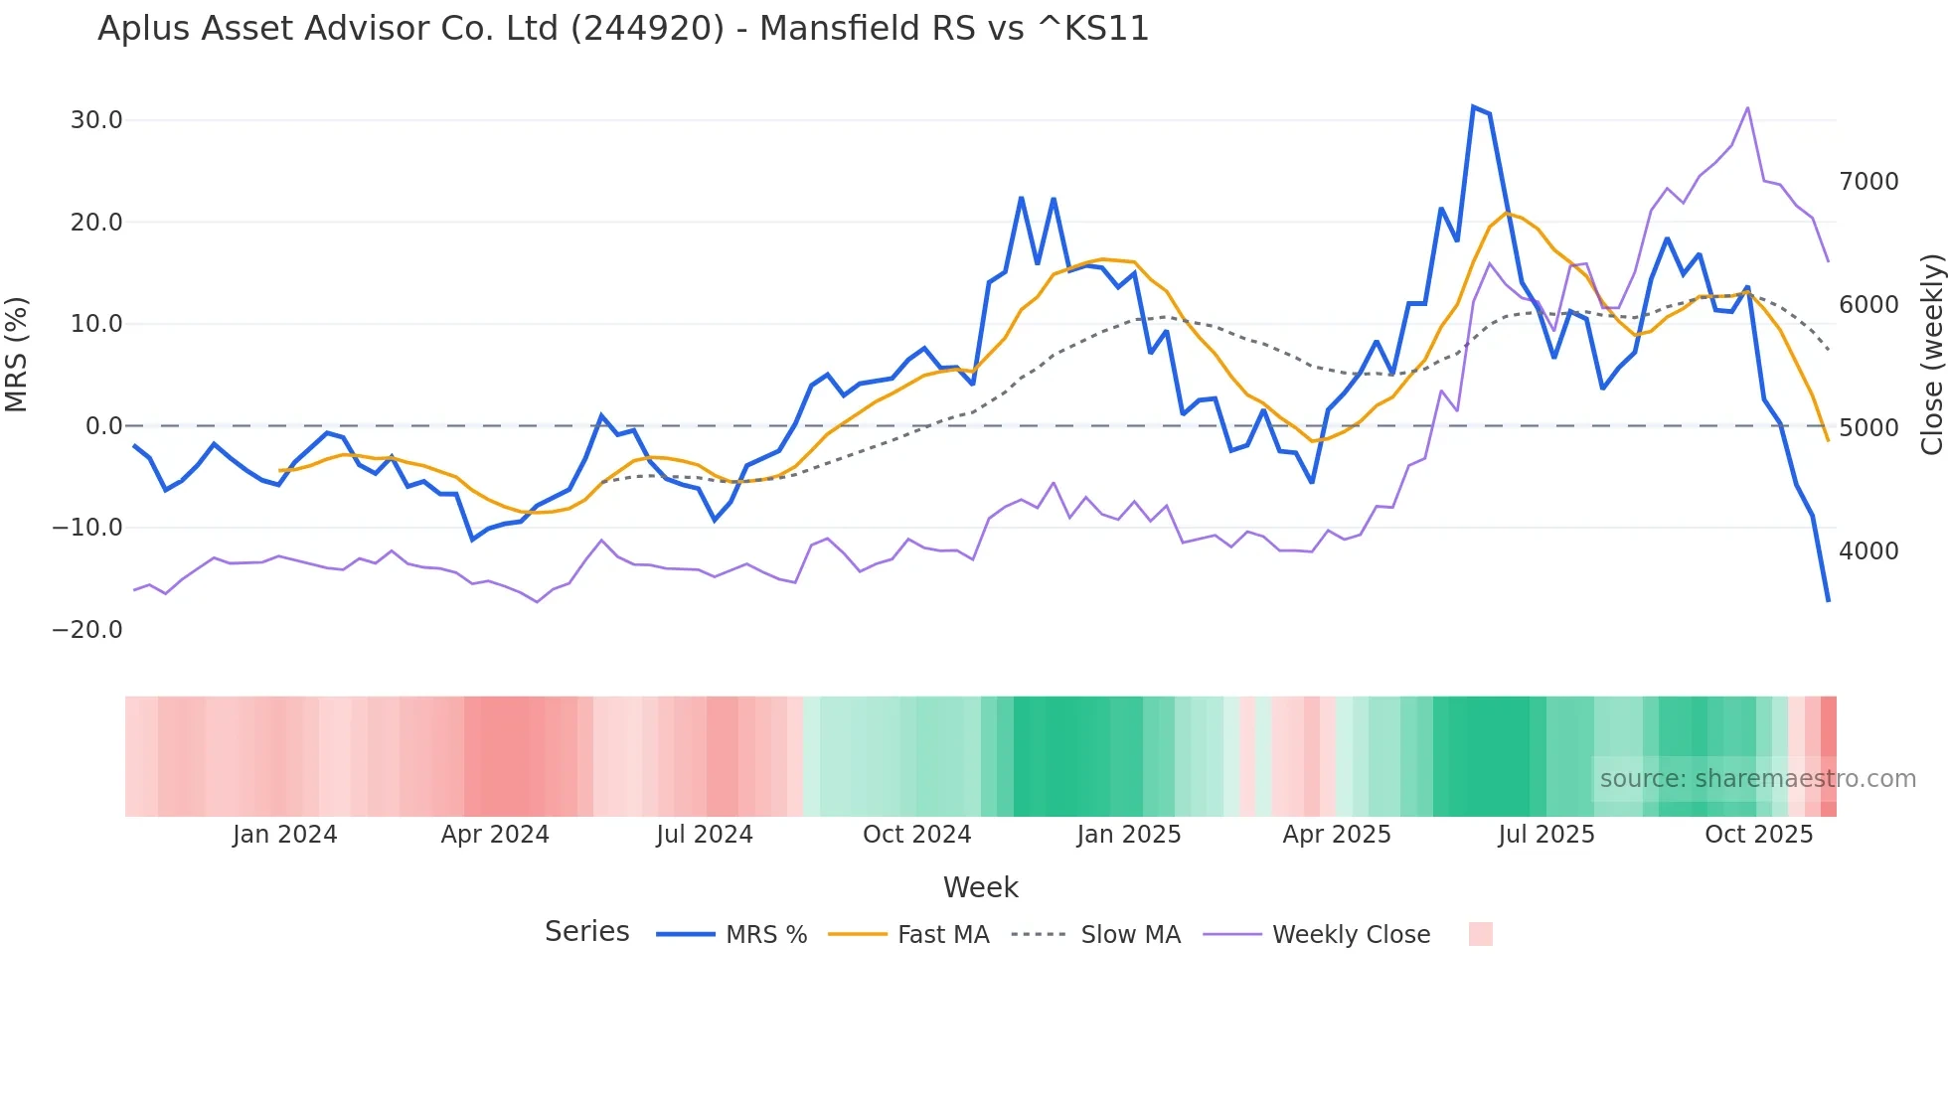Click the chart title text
(623, 29)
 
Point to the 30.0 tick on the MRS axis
(96, 120)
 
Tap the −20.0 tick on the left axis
(87, 630)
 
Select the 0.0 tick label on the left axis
(104, 426)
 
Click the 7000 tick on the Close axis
(1868, 182)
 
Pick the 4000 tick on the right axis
(1868, 551)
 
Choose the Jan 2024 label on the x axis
(285, 835)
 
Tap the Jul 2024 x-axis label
(705, 835)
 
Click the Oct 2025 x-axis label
(1759, 835)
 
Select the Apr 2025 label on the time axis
(1337, 835)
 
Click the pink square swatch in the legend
(1481, 934)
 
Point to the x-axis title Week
(980, 887)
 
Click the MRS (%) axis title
(17, 355)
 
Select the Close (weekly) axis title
(1931, 355)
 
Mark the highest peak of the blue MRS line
(1473, 106)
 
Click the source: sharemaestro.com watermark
(1757, 779)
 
